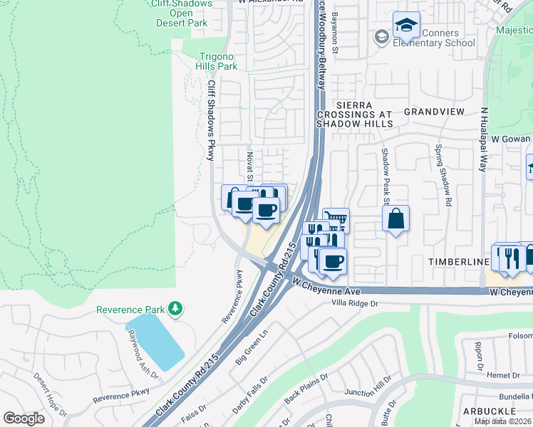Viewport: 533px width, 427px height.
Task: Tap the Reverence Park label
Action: click(x=130, y=310)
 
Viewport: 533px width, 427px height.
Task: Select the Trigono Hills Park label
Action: click(x=217, y=60)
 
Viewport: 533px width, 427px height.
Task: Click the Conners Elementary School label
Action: click(x=434, y=38)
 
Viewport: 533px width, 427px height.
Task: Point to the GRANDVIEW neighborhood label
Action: click(x=434, y=112)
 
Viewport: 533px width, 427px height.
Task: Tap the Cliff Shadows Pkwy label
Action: click(x=211, y=120)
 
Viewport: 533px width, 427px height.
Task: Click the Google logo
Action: click(x=24, y=418)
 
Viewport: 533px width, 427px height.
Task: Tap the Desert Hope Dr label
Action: click(x=49, y=394)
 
